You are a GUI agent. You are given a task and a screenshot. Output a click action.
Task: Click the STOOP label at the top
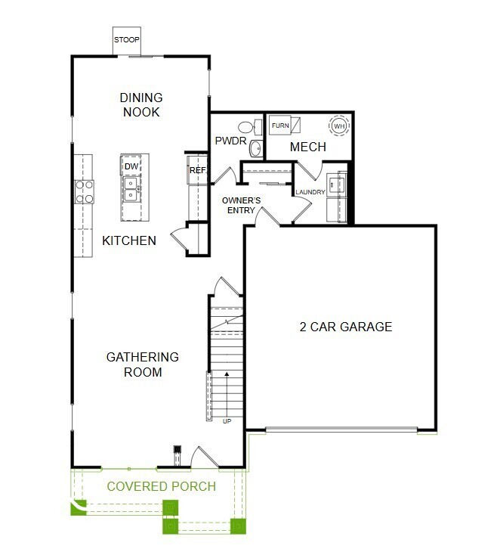(x=127, y=39)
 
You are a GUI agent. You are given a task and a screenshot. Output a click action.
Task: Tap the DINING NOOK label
(x=141, y=104)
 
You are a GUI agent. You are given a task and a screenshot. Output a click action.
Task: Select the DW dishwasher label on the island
(x=131, y=166)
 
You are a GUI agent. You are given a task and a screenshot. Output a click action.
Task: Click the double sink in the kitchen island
(x=131, y=188)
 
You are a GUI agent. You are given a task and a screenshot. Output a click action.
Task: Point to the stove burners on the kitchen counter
(x=84, y=192)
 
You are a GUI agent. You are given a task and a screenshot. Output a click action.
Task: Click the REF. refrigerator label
(x=198, y=171)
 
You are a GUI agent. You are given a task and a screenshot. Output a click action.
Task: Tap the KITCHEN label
(x=129, y=241)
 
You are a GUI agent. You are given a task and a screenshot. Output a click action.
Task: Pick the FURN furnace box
(x=280, y=125)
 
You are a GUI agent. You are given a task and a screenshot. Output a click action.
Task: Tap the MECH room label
(x=308, y=147)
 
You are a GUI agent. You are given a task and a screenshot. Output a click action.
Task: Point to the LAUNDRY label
(x=310, y=193)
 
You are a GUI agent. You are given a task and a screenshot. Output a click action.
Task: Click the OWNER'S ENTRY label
(x=241, y=205)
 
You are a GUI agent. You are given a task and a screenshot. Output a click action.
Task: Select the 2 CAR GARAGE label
(x=346, y=327)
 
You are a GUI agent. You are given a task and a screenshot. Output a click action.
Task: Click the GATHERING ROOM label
(x=143, y=364)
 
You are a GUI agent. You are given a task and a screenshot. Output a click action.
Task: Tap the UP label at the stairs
(x=227, y=421)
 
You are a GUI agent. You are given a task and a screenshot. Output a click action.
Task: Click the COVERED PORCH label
(x=161, y=486)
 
